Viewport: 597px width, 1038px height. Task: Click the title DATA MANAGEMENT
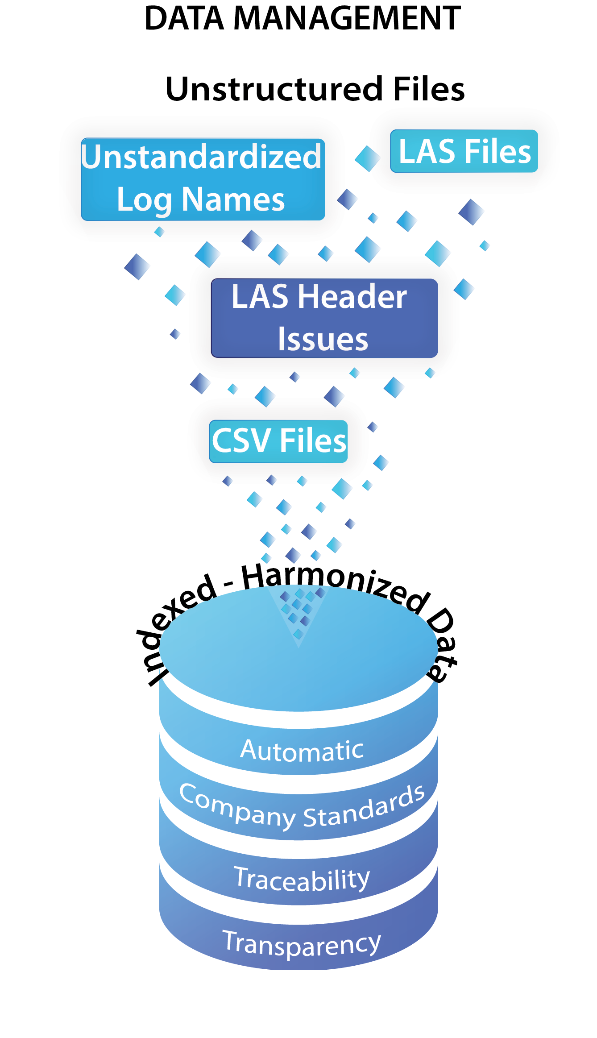(x=303, y=19)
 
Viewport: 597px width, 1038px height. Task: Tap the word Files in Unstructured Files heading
(x=429, y=89)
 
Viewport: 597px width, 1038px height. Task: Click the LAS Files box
(x=464, y=151)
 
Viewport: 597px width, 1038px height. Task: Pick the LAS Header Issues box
(x=324, y=318)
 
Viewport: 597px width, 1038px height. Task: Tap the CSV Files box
(x=278, y=441)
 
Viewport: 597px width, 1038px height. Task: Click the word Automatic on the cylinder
(x=302, y=751)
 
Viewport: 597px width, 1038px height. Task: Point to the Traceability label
(x=302, y=879)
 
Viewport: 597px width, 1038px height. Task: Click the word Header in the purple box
(x=352, y=297)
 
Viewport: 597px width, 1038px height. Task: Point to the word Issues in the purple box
(x=323, y=339)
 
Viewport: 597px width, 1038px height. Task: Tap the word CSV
(x=241, y=441)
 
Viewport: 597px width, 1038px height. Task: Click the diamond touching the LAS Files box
(x=368, y=158)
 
